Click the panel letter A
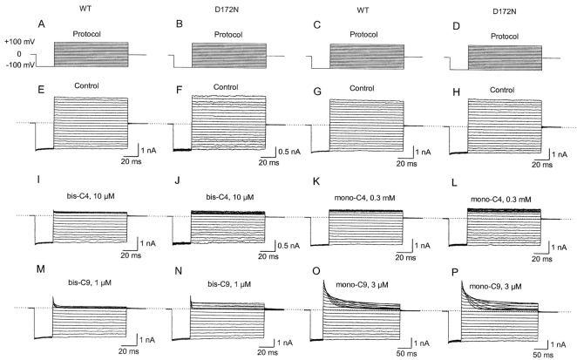point(41,24)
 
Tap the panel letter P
point(455,272)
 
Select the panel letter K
point(316,182)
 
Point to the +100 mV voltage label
point(20,42)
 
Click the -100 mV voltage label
point(21,65)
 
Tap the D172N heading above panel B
point(227,10)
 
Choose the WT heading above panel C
point(363,10)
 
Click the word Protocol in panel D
point(505,37)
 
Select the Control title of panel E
point(86,85)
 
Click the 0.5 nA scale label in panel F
point(289,152)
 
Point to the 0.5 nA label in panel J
point(288,246)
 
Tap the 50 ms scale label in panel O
point(407,354)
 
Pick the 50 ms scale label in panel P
point(543,355)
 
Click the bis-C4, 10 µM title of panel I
point(87,197)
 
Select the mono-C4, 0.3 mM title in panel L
point(501,200)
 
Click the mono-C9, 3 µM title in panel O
point(362,284)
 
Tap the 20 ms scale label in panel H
point(542,165)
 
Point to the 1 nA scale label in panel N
point(285,343)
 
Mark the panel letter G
point(317,92)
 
